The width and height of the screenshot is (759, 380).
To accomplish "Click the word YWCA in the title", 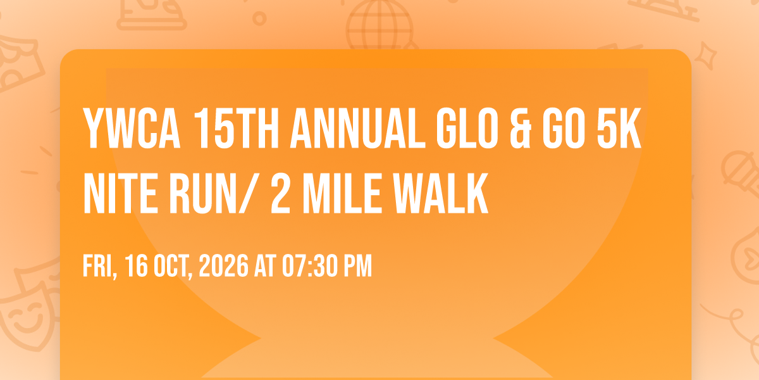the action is [132, 128].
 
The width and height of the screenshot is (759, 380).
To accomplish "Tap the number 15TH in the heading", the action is [236, 128].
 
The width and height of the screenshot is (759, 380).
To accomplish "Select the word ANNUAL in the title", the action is [357, 128].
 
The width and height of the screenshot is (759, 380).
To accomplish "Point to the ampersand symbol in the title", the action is [521, 128].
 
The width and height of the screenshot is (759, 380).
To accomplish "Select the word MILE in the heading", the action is [342, 193].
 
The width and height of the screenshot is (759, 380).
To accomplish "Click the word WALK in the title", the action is [441, 193].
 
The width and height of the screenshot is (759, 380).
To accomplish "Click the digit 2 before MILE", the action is [281, 193].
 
